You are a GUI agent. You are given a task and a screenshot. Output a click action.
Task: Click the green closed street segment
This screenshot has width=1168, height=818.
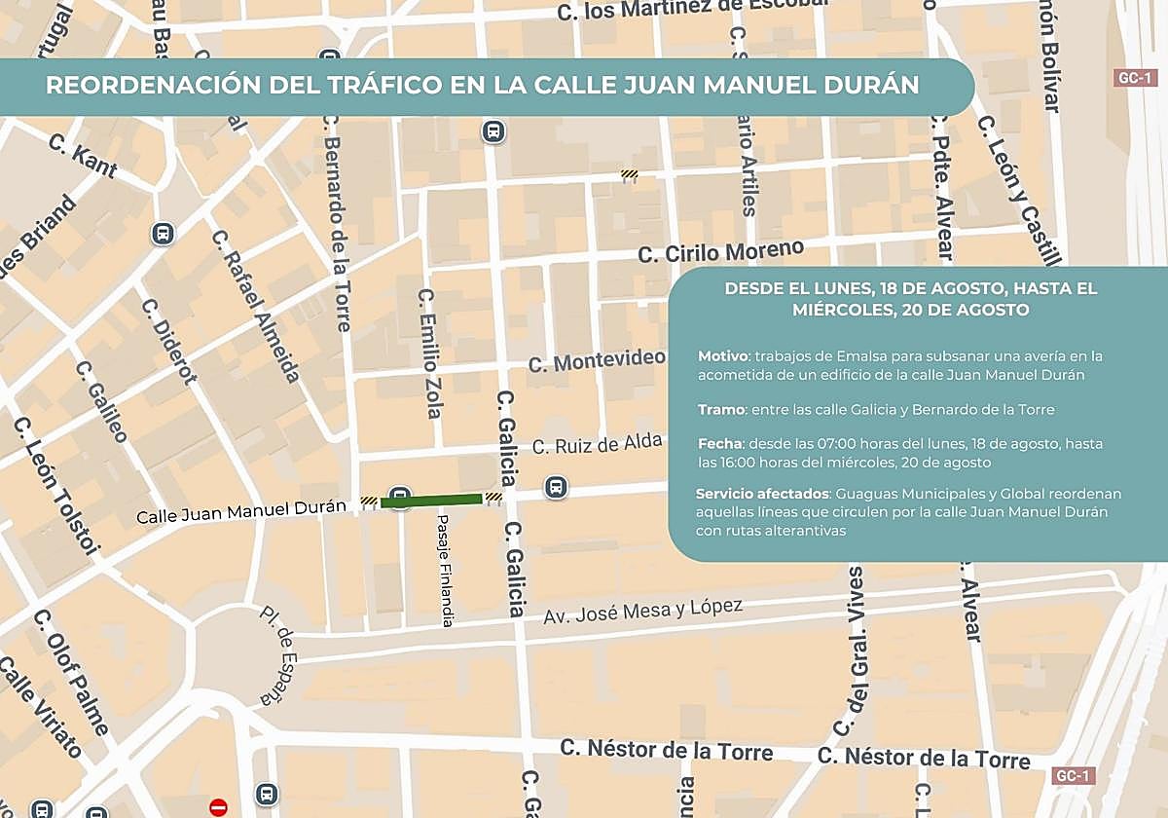pyautogui.click(x=431, y=501)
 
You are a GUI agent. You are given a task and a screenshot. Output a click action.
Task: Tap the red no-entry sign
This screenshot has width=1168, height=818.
pyautogui.click(x=218, y=806)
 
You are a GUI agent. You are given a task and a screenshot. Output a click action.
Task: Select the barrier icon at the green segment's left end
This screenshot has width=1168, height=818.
pyautogui.click(x=369, y=502)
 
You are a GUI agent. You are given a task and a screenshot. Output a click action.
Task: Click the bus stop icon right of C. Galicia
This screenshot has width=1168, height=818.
pyautogui.click(x=556, y=486)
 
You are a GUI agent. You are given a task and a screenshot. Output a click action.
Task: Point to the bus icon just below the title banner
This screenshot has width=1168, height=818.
pyautogui.click(x=493, y=131)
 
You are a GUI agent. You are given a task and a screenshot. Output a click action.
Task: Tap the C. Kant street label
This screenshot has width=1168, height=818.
pyautogui.click(x=83, y=156)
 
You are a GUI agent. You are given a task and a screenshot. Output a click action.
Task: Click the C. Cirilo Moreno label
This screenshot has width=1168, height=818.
pyautogui.click(x=721, y=251)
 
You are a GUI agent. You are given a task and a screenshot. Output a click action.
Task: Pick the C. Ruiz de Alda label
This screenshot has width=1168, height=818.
pyautogui.click(x=597, y=446)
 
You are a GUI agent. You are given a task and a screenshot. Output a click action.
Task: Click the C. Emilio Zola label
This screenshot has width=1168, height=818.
pyautogui.click(x=429, y=353)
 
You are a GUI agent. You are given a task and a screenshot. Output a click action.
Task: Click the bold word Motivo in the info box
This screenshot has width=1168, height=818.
pyautogui.click(x=723, y=356)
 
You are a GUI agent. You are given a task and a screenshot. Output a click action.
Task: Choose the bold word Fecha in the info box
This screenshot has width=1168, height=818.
pyautogui.click(x=720, y=443)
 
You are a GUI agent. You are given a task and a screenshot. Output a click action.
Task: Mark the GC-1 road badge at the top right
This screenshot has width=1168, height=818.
pyautogui.click(x=1134, y=78)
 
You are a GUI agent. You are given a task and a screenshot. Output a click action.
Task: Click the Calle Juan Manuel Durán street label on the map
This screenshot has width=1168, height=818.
pyautogui.click(x=240, y=512)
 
